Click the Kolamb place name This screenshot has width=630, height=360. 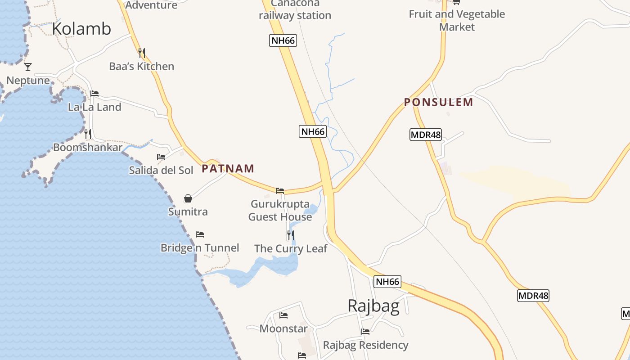(x=81, y=29)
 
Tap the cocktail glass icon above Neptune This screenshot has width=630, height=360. (x=28, y=67)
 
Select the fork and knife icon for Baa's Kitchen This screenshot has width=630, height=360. (x=141, y=53)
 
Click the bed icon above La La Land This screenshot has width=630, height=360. (x=94, y=94)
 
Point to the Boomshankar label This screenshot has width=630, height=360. (x=88, y=148)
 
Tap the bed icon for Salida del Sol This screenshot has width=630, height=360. (x=161, y=157)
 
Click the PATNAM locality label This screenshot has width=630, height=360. (x=228, y=169)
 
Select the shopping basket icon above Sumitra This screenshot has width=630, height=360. (x=188, y=198)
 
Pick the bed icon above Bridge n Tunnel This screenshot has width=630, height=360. (x=200, y=234)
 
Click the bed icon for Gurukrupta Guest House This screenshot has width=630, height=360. (x=280, y=191)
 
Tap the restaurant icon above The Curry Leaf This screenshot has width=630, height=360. (x=291, y=235)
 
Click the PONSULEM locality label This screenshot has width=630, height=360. (x=438, y=103)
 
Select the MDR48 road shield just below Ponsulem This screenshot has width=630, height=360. (x=425, y=134)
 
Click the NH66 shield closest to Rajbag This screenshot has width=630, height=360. (x=387, y=282)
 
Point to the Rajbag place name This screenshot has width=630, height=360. (x=373, y=306)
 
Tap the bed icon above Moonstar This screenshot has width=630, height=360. (x=283, y=315)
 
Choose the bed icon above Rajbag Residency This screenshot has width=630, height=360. (x=365, y=332)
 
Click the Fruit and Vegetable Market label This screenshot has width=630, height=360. (x=457, y=20)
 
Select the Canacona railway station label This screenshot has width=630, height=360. (x=295, y=10)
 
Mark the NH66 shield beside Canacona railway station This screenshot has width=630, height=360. (x=283, y=40)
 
